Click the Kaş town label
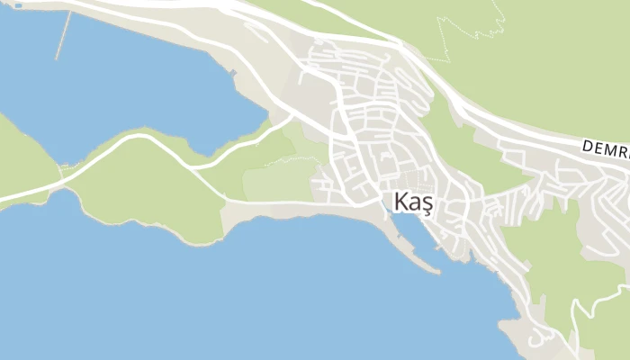click(413, 203)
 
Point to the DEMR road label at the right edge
click(605, 146)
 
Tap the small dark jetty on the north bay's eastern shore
click(233, 72)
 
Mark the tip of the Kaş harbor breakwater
click(437, 271)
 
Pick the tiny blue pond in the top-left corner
click(17, 5)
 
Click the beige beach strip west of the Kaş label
click(270, 211)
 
